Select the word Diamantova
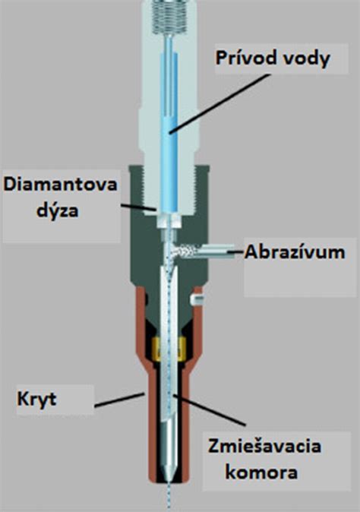[61, 185]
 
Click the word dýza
[58, 210]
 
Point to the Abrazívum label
[295, 252]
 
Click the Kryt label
[37, 399]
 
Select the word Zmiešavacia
[265, 447]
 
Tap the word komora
[261, 472]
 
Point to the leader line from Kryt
[119, 400]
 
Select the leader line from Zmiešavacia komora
[209, 410]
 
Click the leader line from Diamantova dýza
[139, 207]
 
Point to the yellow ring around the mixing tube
[169, 349]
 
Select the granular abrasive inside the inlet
[185, 251]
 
